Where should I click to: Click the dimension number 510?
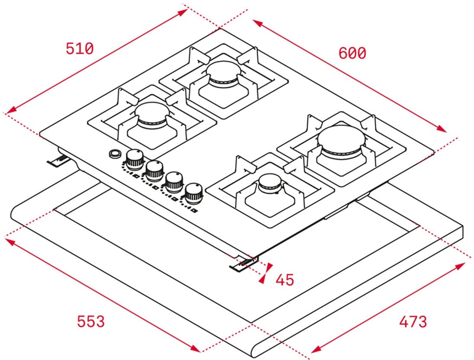point(80,48)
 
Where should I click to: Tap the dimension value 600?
point(352,53)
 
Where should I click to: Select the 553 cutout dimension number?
point(91,321)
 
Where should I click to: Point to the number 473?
point(413,322)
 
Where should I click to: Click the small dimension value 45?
point(285,280)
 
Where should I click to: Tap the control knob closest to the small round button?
point(135,158)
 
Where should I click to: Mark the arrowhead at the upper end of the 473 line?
point(461,265)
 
